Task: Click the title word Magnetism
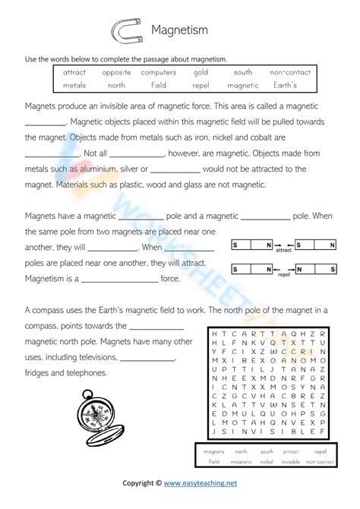pos(181,30)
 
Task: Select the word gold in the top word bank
pos(201,72)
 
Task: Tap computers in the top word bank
pos(159,72)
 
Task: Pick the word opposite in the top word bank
pos(115,72)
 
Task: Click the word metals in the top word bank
pos(74,85)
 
